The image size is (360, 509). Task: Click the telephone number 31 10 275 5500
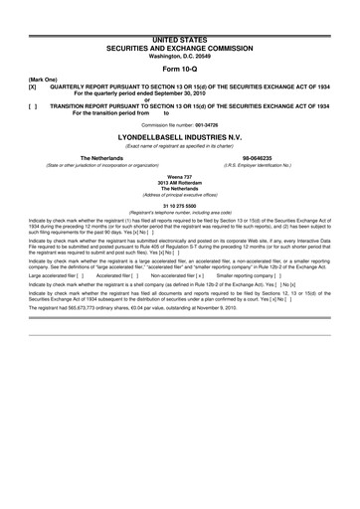click(179, 206)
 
